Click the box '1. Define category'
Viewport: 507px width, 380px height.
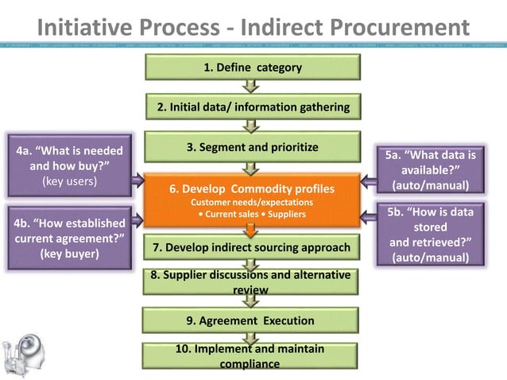point(252,68)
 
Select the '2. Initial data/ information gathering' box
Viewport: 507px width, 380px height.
point(252,107)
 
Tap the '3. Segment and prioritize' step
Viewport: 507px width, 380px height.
point(252,147)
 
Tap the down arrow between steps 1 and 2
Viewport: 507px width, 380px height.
point(252,87)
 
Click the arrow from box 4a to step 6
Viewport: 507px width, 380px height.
point(137,178)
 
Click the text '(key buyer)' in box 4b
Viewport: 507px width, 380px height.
point(69,254)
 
